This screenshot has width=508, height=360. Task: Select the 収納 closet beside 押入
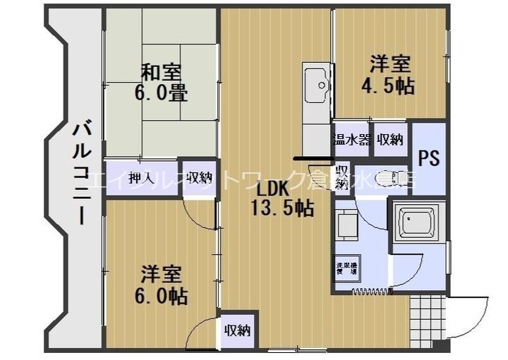[200, 176]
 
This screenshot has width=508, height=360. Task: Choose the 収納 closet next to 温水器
[389, 139]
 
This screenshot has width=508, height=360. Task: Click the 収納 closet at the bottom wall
[238, 330]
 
